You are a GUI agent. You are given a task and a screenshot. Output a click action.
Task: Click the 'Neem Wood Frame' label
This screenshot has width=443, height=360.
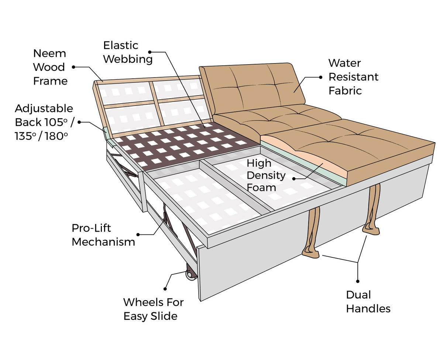tap(50, 67)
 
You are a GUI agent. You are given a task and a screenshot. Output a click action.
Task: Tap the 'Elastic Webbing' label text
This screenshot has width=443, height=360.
tap(127, 52)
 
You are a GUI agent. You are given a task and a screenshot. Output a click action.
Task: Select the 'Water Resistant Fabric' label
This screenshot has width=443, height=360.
tap(353, 77)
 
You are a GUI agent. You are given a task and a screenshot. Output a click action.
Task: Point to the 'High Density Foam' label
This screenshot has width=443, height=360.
tap(266, 175)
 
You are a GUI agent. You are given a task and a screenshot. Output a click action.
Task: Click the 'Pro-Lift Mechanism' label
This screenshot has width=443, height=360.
tap(103, 235)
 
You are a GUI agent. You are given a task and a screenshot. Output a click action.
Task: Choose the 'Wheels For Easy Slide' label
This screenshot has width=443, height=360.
tap(153, 309)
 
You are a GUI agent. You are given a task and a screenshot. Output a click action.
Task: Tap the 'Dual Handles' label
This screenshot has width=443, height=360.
tap(368, 301)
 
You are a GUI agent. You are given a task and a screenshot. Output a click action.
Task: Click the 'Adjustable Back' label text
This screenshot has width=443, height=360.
tap(44, 122)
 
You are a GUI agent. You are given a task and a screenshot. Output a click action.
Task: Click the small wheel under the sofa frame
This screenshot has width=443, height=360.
tap(190, 275)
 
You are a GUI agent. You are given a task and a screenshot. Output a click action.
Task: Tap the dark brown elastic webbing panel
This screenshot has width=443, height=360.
tap(181, 146)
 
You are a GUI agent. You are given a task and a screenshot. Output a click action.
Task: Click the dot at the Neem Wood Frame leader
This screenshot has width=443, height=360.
tap(74, 67)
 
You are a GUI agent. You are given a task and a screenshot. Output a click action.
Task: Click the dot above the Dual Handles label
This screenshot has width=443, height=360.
tap(358, 281)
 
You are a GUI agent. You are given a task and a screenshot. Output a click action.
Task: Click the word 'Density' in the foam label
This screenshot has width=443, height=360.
tap(266, 175)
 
